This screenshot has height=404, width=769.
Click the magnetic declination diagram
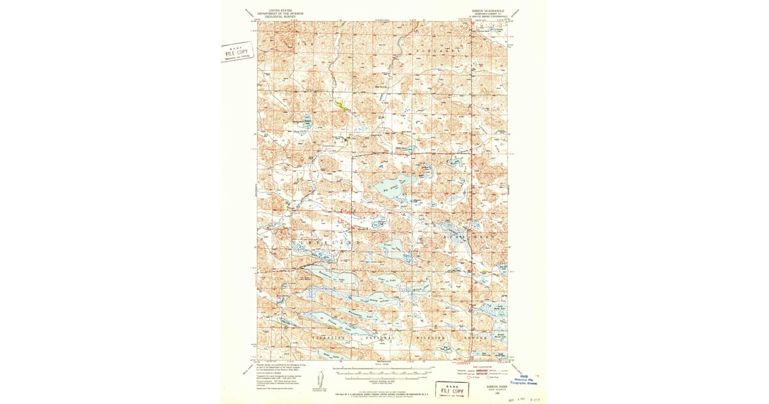pyautogui.click(x=318, y=384)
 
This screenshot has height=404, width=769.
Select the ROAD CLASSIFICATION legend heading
pyautogui.click(x=481, y=367)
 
